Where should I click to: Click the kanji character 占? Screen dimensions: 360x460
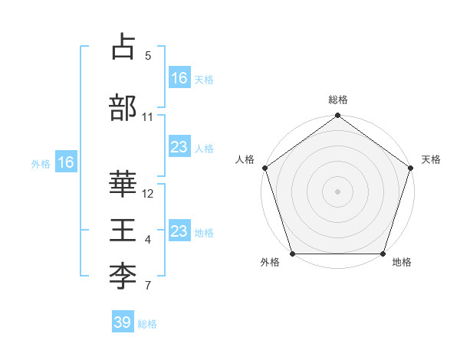tap(123, 47)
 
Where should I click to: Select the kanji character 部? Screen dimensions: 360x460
tap(123, 108)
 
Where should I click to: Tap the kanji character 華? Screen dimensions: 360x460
tap(123, 185)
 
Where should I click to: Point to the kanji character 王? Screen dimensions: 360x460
tap(123, 231)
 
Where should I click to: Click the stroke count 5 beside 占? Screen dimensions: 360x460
tap(148, 56)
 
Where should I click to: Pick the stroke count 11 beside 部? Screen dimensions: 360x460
tap(148, 117)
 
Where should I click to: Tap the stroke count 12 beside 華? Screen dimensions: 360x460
tap(148, 194)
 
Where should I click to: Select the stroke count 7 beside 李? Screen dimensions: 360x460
tap(148, 286)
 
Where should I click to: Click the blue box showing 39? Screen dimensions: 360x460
tap(123, 322)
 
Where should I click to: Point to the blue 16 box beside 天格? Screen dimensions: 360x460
tap(179, 78)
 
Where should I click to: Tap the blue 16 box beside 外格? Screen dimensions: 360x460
tap(66, 162)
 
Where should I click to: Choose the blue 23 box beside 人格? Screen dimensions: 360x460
tap(179, 147)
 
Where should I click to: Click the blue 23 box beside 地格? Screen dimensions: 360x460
tap(179, 231)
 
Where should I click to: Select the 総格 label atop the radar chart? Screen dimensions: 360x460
tap(338, 100)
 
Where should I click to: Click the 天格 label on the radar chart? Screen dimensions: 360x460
tap(431, 159)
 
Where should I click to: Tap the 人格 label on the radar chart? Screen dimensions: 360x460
tap(245, 159)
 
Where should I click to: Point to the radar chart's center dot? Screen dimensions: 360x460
tap(338, 191)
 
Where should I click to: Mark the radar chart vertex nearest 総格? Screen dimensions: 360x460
tap(338, 116)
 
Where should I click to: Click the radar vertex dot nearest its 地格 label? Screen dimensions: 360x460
tap(383, 254)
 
